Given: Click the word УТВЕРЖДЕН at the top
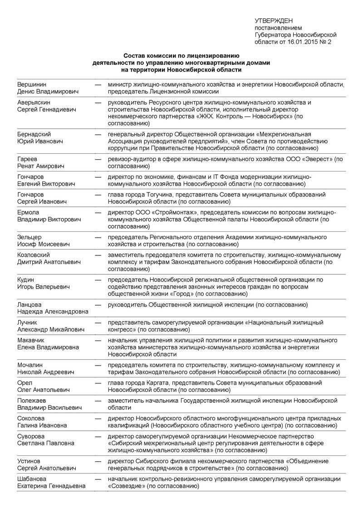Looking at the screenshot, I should click(x=274, y=21).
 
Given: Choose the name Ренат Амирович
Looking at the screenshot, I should click(x=41, y=166).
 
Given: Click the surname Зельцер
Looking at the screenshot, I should click(x=29, y=237).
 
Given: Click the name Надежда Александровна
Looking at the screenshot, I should click(x=53, y=312).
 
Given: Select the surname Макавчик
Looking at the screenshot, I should click(x=32, y=340).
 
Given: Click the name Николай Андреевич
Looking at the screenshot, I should click(x=45, y=372).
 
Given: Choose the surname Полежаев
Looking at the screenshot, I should click(x=33, y=401).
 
